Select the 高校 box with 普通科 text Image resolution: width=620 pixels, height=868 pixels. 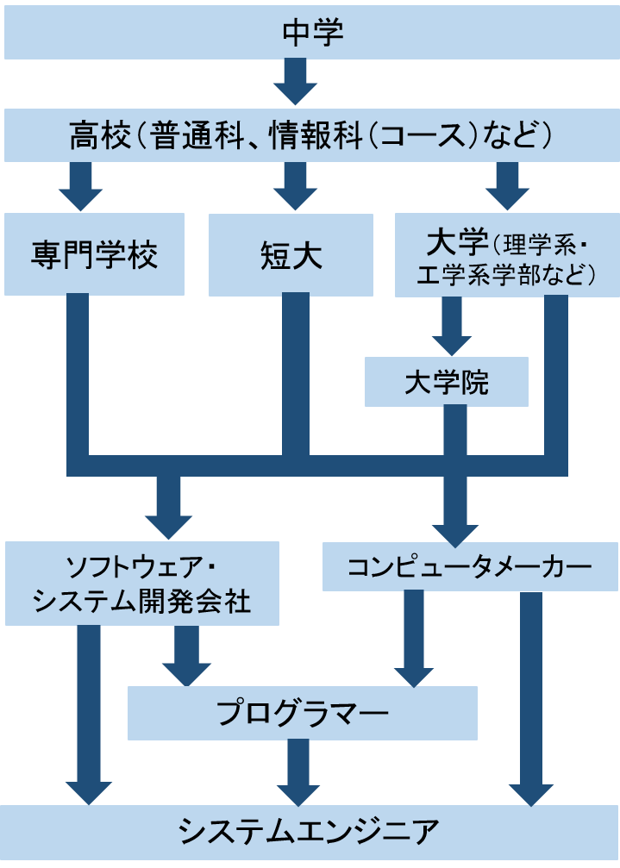(310, 135)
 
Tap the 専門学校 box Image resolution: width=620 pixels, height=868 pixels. (94, 255)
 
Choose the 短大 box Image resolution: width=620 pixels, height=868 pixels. (291, 255)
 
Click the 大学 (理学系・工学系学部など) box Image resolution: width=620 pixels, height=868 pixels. (506, 255)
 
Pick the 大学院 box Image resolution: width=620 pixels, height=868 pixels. (446, 382)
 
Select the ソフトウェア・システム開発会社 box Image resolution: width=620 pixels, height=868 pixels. (141, 584)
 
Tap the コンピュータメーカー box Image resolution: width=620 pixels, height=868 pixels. (470, 566)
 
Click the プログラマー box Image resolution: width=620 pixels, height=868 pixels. (302, 713)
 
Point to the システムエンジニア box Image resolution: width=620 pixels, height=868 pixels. (310, 831)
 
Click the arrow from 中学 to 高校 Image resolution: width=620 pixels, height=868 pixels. (296, 82)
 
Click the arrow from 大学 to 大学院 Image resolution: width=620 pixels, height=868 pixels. (452, 327)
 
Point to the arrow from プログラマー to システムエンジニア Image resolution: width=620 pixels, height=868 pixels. (298, 772)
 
